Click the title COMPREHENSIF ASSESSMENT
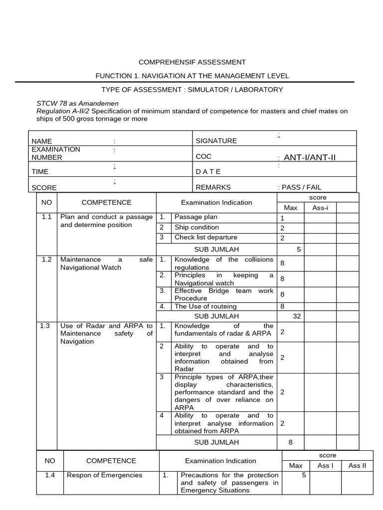191,62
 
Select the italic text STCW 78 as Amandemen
77,103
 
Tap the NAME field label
41,141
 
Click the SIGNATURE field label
216,141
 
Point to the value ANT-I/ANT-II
309,157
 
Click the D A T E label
208,171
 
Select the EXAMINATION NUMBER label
55,153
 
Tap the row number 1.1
47,217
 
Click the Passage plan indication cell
195,217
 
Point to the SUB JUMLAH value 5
298,249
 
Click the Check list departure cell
205,238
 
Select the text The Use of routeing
205,306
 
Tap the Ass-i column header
320,207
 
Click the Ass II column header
357,466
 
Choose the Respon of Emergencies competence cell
104,475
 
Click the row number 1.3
45,326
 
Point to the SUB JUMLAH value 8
291,442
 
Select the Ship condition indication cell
196,228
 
